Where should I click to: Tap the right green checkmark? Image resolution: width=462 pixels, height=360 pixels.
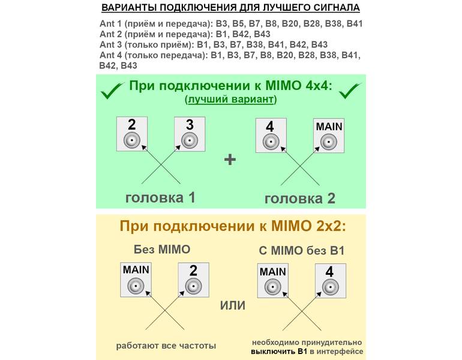click(x=349, y=91)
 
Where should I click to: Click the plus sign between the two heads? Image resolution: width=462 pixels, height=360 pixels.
click(x=230, y=160)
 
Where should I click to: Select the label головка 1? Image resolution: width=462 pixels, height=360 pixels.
click(x=160, y=197)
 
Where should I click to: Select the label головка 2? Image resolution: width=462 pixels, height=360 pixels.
click(x=299, y=199)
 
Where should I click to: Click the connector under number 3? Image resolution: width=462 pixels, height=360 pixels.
click(x=190, y=140)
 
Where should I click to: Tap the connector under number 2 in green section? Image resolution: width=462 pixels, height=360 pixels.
click(x=132, y=140)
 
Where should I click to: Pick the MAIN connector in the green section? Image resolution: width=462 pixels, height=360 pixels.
click(x=329, y=142)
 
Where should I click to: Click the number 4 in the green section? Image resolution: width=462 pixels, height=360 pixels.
click(x=270, y=127)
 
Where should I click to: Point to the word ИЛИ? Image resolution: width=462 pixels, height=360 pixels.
click(x=233, y=305)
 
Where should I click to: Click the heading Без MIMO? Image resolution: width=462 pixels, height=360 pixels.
click(x=162, y=250)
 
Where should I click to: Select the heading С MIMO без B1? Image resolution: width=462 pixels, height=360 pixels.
click(x=301, y=251)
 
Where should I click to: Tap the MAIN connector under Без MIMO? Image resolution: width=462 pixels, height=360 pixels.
click(x=136, y=286)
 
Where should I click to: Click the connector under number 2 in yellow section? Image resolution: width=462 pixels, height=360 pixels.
click(x=193, y=286)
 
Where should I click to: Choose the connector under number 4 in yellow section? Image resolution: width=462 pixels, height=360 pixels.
click(x=330, y=287)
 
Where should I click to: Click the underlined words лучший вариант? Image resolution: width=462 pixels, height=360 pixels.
click(x=231, y=99)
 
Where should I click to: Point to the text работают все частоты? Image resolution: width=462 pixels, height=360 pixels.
click(x=166, y=346)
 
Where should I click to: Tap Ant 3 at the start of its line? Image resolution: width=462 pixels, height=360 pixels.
click(x=110, y=44)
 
